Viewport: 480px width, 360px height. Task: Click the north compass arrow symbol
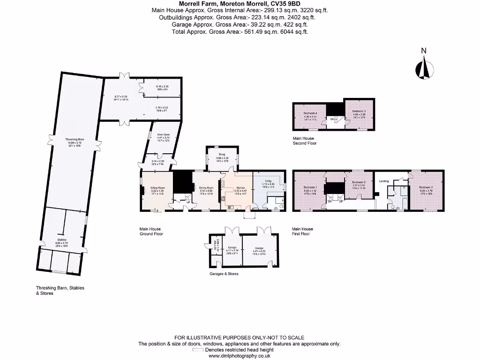[x=424, y=67]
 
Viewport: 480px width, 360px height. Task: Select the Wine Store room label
[x=164, y=134]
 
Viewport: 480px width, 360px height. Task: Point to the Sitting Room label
[x=157, y=187]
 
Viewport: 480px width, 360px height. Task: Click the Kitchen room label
[x=239, y=187]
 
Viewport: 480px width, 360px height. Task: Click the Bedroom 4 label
[x=310, y=113]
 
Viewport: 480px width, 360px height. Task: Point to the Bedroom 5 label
[x=359, y=111]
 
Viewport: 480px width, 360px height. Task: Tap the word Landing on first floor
[x=383, y=181]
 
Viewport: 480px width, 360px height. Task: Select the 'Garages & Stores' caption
[x=224, y=274]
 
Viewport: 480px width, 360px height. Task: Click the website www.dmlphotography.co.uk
[x=240, y=356]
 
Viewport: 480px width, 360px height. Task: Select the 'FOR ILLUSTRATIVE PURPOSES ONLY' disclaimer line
[x=240, y=337]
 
